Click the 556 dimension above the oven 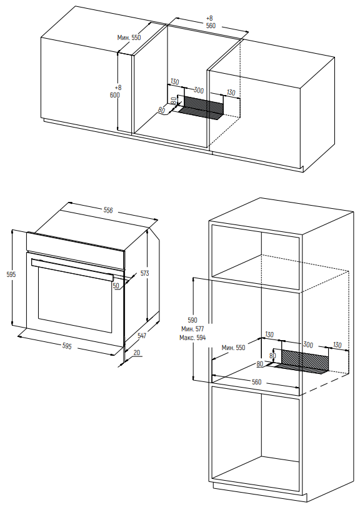click(x=108, y=210)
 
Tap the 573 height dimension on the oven click(x=145, y=273)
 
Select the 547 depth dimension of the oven click(x=142, y=336)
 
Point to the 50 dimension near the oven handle click(x=116, y=286)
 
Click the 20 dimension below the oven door click(x=137, y=352)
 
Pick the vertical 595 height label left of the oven click(x=11, y=274)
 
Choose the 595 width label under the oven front click(x=67, y=346)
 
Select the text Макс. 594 click(x=192, y=338)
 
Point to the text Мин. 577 click(x=192, y=329)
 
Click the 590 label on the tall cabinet click(x=192, y=321)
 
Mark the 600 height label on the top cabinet click(x=115, y=95)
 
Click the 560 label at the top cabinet click(x=211, y=26)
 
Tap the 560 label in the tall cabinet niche click(x=256, y=382)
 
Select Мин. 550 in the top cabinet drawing click(x=129, y=38)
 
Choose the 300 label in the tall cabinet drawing click(x=308, y=344)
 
